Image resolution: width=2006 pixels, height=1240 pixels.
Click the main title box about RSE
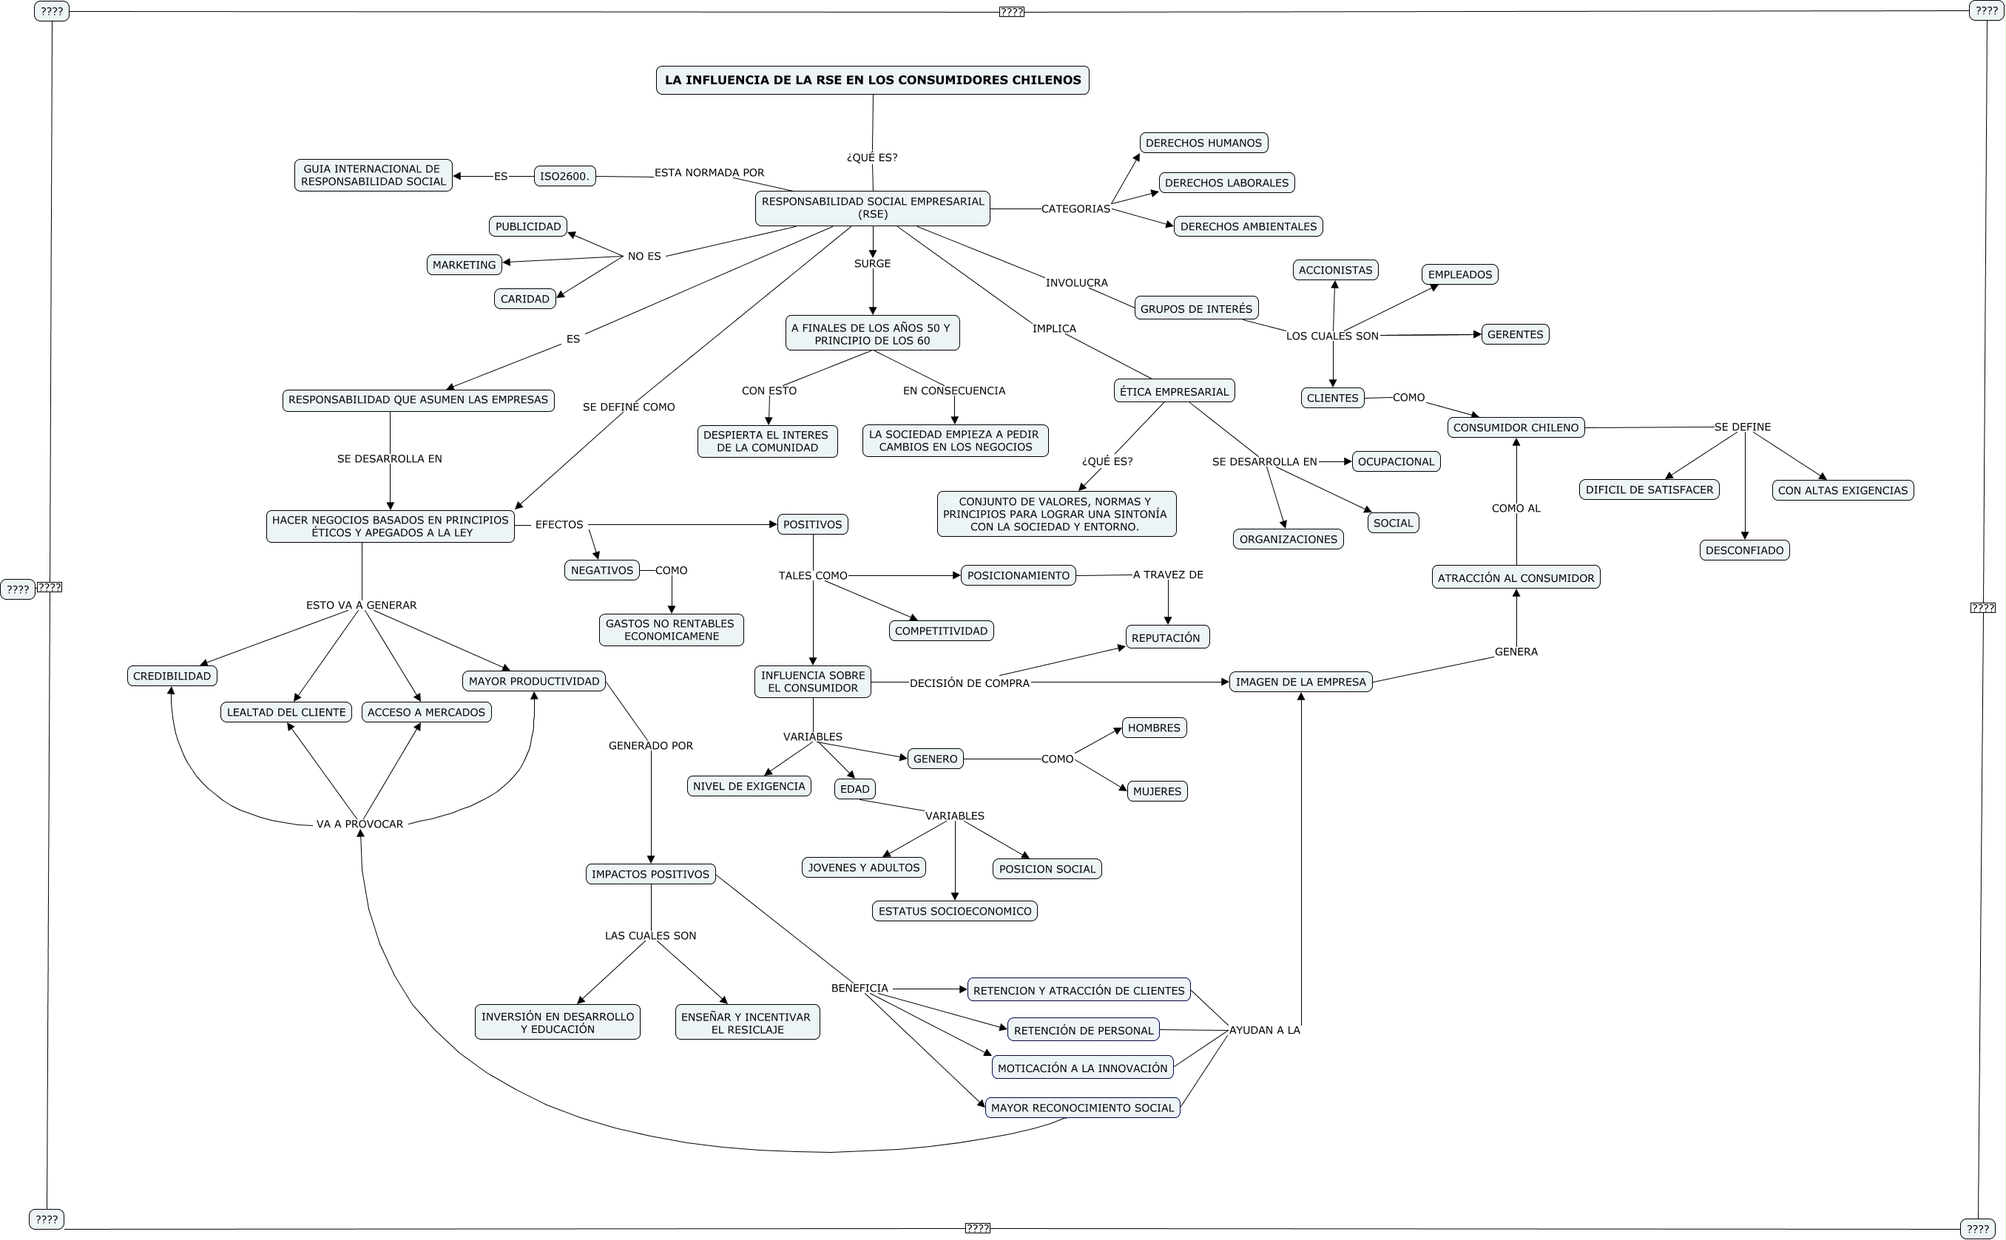point(872,81)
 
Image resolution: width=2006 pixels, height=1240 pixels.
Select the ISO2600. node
point(564,176)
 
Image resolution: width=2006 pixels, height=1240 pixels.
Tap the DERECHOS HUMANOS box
point(1203,143)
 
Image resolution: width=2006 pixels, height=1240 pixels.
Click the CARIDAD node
point(524,299)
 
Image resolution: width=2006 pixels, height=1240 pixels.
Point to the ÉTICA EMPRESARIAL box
point(1173,391)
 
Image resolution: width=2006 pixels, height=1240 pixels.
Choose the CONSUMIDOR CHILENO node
point(1515,427)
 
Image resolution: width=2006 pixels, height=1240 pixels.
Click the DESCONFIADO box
point(1743,550)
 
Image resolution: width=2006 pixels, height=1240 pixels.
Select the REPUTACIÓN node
point(1166,637)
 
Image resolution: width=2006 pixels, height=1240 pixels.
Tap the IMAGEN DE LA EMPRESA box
point(1300,682)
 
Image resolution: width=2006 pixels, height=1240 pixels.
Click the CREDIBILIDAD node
point(172,676)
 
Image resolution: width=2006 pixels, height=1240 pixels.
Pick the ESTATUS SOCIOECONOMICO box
point(954,911)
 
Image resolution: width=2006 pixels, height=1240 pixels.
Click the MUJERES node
point(1156,791)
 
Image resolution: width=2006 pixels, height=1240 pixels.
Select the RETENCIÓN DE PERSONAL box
point(1082,1030)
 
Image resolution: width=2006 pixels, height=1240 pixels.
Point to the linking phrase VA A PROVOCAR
point(359,824)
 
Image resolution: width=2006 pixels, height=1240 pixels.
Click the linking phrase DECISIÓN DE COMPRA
point(968,683)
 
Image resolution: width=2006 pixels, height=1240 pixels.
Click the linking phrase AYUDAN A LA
point(1263,1030)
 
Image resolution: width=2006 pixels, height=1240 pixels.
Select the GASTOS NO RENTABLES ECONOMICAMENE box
point(670,630)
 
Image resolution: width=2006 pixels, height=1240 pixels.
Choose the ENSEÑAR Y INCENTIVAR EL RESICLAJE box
point(746,1023)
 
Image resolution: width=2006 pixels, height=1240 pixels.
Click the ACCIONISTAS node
point(1334,270)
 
